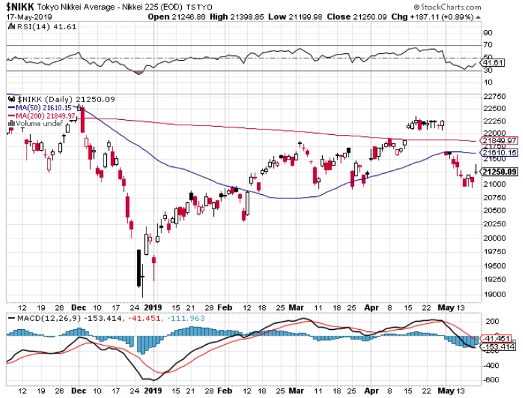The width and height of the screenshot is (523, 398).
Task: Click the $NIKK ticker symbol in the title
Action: pyautogui.click(x=20, y=7)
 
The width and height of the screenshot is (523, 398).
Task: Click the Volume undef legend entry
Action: pyautogui.click(x=44, y=123)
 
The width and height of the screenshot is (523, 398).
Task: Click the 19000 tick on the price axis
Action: pyautogui.click(x=494, y=294)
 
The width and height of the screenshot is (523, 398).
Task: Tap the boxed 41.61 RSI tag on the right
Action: pyautogui.click(x=490, y=62)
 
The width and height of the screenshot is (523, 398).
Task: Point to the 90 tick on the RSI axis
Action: pyautogui.click(x=488, y=32)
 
